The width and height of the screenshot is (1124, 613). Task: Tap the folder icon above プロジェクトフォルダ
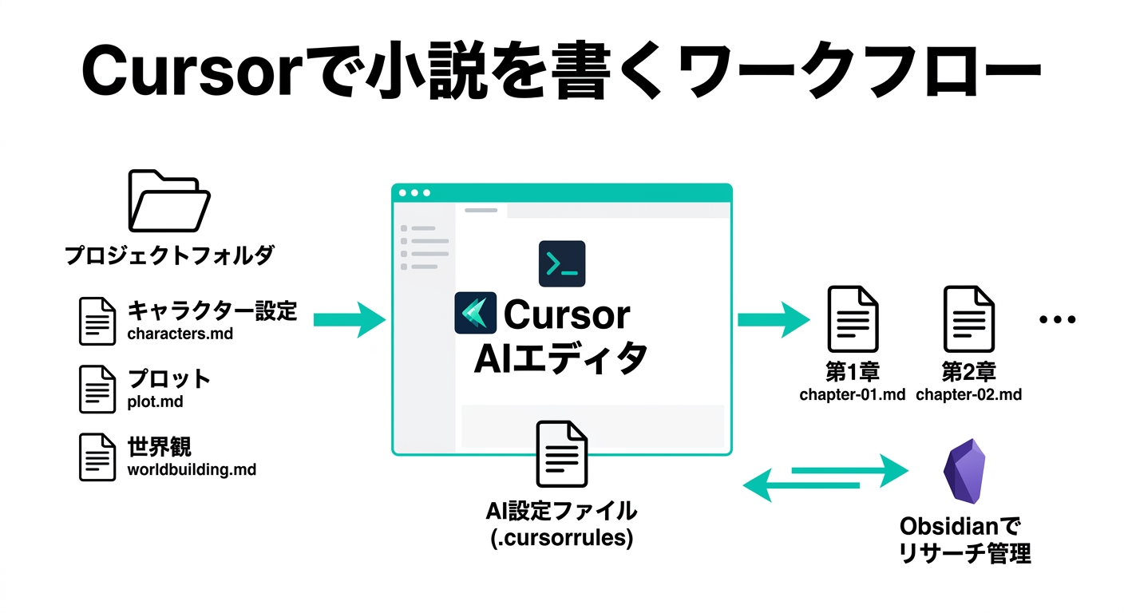coord(168,200)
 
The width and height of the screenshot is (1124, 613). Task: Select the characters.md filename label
coord(180,334)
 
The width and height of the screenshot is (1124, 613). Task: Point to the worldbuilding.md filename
coord(192,470)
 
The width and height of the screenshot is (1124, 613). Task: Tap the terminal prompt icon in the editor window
coord(562,263)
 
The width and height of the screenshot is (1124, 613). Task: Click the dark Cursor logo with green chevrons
coord(475,313)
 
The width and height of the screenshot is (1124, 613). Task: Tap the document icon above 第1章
coord(853,319)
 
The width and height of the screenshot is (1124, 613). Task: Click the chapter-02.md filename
coord(968,394)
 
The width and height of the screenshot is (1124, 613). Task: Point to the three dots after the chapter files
coord(1058,319)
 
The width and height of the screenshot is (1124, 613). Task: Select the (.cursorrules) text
coord(561,538)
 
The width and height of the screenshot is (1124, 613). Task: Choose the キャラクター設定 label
coord(212,310)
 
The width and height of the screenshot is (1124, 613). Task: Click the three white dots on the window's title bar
coord(414,193)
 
